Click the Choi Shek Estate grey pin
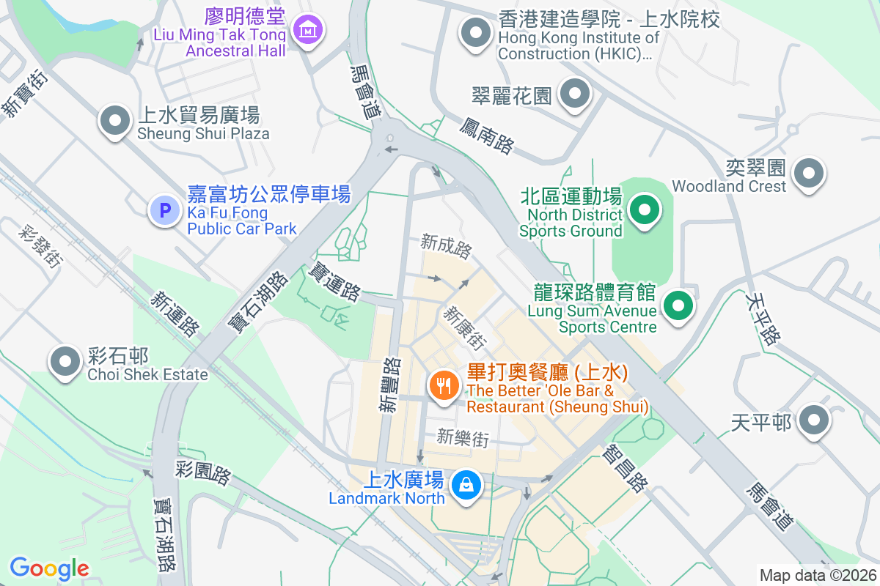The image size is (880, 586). pyautogui.click(x=65, y=362)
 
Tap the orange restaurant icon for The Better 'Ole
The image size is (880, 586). pyautogui.click(x=444, y=385)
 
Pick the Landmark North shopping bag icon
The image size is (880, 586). pyautogui.click(x=466, y=486)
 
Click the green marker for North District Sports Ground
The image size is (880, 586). pyautogui.click(x=645, y=211)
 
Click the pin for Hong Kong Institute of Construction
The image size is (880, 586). pyautogui.click(x=476, y=33)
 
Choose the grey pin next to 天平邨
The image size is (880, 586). pyautogui.click(x=813, y=421)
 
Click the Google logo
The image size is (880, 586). pyautogui.click(x=49, y=568)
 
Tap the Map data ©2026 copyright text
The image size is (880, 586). pyautogui.click(x=818, y=575)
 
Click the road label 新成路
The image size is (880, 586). pyautogui.click(x=446, y=247)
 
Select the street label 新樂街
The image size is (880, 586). pyautogui.click(x=462, y=438)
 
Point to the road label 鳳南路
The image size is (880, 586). pyautogui.click(x=486, y=135)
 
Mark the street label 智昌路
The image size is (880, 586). pyautogui.click(x=625, y=471)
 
